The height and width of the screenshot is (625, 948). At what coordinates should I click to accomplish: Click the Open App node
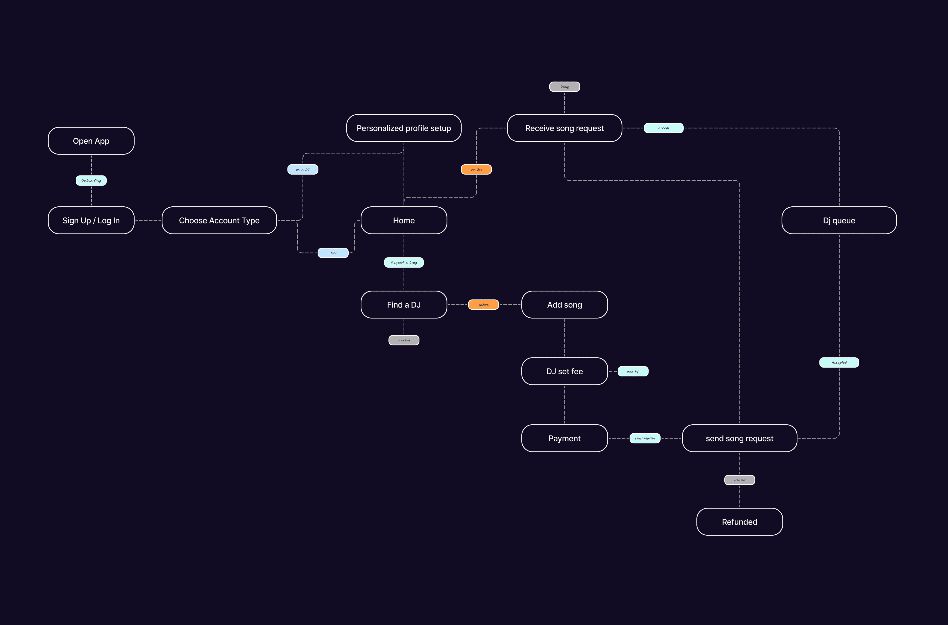point(91,141)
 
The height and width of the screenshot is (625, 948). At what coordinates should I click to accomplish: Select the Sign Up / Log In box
point(91,220)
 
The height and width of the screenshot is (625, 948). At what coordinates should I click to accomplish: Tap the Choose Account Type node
point(219,220)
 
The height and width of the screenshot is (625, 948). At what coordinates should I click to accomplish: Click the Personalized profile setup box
point(404,128)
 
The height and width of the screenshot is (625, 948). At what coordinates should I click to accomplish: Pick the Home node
point(404,220)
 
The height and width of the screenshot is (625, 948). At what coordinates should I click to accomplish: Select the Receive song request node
point(565,128)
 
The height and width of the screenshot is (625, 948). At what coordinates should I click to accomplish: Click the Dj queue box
point(839,220)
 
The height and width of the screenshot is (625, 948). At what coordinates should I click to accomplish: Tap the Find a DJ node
point(404,305)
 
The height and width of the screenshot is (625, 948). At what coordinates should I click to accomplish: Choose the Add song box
point(565,305)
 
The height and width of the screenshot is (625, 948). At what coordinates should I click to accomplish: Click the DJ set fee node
point(565,371)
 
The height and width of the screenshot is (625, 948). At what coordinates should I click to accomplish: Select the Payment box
point(565,438)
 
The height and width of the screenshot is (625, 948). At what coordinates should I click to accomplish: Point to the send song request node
point(740,438)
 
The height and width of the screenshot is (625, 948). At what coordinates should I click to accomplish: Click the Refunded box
point(740,522)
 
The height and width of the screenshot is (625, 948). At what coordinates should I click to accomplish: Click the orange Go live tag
point(476,169)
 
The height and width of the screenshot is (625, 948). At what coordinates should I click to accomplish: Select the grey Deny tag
point(565,86)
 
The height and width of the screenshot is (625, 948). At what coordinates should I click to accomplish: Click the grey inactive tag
point(404,340)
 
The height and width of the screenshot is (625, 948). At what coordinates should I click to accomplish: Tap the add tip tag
point(633,371)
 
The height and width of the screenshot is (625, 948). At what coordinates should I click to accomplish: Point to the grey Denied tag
point(740,480)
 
